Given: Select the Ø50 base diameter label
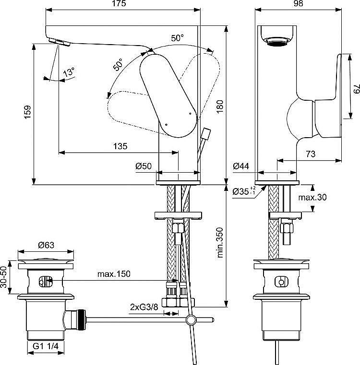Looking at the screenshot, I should pyautogui.click(x=144, y=166).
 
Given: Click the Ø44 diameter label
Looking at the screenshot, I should pyautogui.click(x=241, y=166).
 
